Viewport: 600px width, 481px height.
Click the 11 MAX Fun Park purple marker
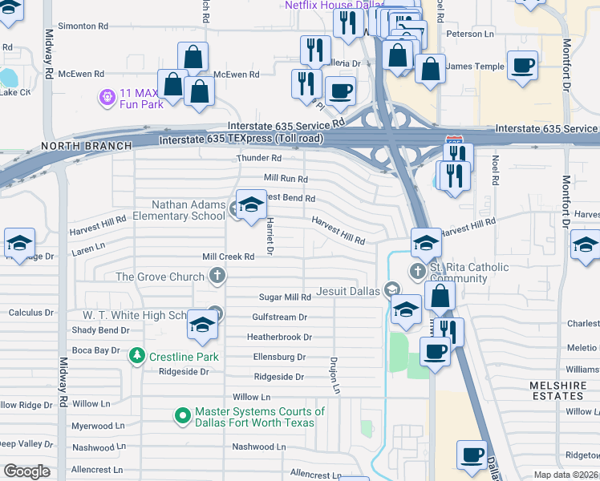pos(107,97)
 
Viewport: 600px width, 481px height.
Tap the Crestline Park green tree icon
pos(137,355)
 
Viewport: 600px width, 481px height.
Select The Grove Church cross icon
pos(216,277)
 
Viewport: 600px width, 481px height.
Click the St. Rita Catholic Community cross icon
pos(417,271)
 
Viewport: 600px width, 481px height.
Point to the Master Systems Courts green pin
pos(182,416)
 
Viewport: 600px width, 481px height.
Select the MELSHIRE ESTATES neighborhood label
pos(558,391)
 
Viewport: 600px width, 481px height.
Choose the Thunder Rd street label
pos(257,159)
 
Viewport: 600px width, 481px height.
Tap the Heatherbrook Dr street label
pos(279,338)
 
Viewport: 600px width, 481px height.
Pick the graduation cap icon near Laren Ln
pos(20,246)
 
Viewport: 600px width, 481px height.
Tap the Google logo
pos(26,471)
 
